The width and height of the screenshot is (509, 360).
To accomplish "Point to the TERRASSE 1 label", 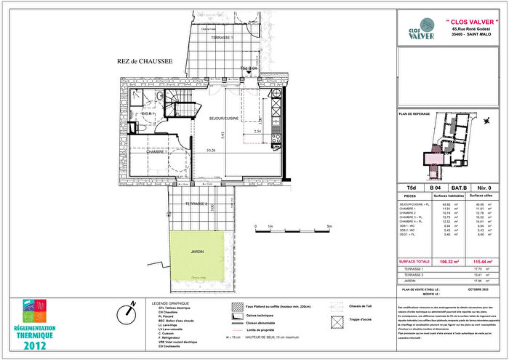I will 222,36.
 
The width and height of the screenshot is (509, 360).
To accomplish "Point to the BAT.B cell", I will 462,187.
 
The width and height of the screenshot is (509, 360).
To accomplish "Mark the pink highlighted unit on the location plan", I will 435,156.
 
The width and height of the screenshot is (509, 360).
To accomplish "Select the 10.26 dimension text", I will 211,151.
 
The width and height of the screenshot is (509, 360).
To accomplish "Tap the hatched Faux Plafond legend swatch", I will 236,307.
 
